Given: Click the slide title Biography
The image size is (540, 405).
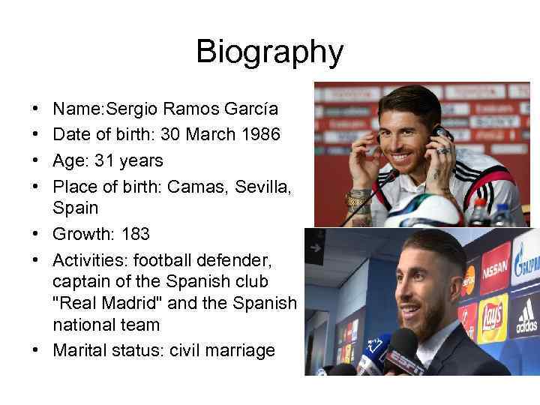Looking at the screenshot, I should tap(269, 52).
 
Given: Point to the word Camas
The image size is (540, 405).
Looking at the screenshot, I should tap(190, 185).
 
